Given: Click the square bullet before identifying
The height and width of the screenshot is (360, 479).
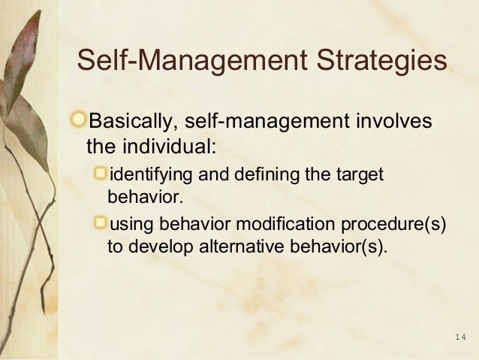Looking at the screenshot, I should (102, 176).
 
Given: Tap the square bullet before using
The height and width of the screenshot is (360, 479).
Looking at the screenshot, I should (102, 223).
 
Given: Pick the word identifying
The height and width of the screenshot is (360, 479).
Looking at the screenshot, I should (145, 177).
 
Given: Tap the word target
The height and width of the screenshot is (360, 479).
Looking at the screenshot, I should (358, 177).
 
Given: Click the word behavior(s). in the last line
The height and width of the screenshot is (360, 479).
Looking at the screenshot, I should (340, 247).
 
